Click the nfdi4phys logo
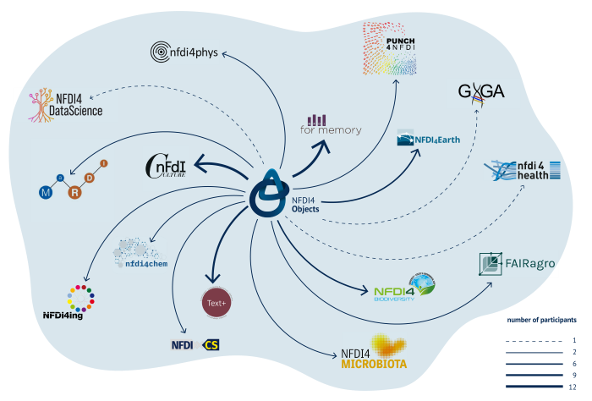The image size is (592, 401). coord(184,52)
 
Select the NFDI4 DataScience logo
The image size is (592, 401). coord(66,104)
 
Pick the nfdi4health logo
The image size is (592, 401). coord(522,170)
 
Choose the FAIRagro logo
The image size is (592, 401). coord(516,265)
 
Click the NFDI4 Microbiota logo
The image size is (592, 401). coord(374,350)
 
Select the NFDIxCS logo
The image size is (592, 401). coord(195,344)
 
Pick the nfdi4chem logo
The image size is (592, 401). coord(140,255)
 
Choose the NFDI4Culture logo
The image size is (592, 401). coord(165,168)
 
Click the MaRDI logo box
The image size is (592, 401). coord(72,180)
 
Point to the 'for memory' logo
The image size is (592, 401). coord(331,125)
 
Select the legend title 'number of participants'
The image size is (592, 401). coord(541,320)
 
